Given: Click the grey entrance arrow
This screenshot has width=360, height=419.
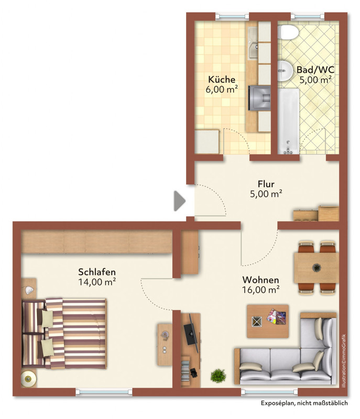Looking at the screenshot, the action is pos(180,201).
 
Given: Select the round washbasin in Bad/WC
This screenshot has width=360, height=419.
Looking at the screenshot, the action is pos(285,71).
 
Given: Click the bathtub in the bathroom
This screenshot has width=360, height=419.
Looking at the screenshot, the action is pos(288,122).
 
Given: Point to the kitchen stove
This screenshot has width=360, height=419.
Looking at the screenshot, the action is pos(259,98).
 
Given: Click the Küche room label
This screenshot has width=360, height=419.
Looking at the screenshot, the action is pos(222,80).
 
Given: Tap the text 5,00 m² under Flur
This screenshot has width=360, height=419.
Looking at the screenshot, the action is pos(266,194).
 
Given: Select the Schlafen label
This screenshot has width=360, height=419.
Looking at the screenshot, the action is pos(97,272).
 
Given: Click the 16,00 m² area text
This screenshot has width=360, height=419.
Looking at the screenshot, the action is pos(261,290).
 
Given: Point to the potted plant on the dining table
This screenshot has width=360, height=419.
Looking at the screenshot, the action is pos(317,267).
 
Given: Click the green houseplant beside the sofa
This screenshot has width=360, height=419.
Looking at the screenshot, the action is pos(218,376).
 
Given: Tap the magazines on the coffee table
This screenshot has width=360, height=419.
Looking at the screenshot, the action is pos(276,317).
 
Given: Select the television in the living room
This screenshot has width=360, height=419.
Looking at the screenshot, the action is pos(192,333).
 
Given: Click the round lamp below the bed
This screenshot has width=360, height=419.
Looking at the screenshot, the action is pos(28,379).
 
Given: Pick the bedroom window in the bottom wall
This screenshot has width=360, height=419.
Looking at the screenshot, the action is pos(104,392).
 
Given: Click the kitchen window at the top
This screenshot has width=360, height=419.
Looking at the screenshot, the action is pos(232,16).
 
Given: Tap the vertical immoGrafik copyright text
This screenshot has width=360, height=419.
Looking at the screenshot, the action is pos(344,361).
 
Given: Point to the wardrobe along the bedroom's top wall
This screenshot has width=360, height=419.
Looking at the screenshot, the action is pos(96,241).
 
